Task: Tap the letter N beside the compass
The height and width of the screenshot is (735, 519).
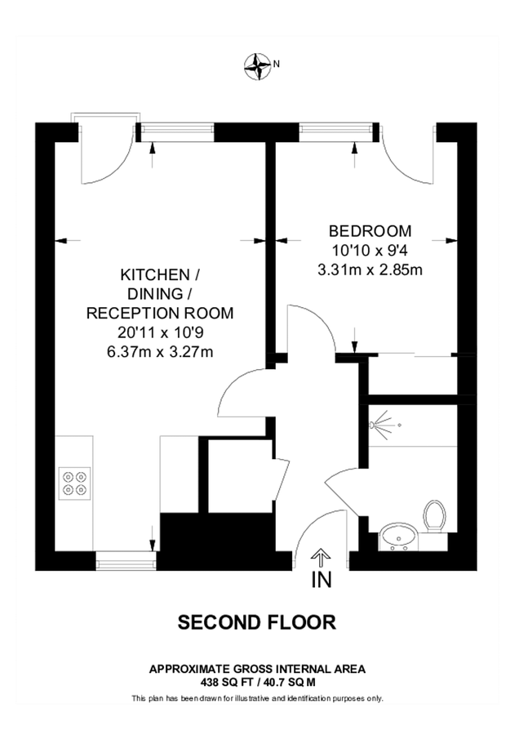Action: coord(277,63)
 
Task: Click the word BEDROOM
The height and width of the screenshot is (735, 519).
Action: coord(370,230)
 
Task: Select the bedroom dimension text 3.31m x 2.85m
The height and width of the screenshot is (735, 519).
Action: coord(370,269)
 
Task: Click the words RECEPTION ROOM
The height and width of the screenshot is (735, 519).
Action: coord(160,313)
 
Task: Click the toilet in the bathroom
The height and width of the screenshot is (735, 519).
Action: coord(435,517)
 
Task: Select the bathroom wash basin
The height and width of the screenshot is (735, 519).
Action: coord(399,537)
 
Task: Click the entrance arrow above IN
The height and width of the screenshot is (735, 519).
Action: coord(321,559)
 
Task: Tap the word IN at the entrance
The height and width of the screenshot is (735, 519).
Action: coord(321,581)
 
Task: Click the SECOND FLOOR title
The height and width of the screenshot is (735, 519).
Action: coord(257,622)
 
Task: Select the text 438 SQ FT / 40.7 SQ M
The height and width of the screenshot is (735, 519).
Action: coord(257,679)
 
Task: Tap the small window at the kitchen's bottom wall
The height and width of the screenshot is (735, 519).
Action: coord(126,560)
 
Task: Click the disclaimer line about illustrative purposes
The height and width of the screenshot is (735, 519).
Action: coord(257,698)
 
